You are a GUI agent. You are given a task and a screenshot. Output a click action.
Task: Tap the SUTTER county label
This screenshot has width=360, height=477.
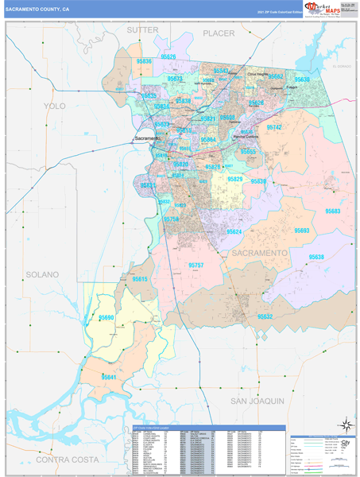pyautogui.click(x=144, y=29)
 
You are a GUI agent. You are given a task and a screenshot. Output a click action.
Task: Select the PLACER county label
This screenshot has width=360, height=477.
pyautogui.click(x=219, y=33)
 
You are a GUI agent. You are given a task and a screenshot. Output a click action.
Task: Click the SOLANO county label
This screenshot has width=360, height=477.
pyautogui.click(x=42, y=274)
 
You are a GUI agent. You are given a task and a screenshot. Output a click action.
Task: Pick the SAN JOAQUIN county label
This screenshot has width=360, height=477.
pyautogui.click(x=257, y=401)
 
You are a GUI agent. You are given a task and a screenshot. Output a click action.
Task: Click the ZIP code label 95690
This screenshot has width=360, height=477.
pyautogui.click(x=106, y=317)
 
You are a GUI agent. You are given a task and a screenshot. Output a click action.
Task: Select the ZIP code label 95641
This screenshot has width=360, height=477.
pyautogui.click(x=109, y=377)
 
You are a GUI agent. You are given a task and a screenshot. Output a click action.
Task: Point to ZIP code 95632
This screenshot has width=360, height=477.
pyautogui.click(x=265, y=316)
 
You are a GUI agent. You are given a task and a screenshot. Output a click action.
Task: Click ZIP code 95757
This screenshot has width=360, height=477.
pyautogui.click(x=196, y=264)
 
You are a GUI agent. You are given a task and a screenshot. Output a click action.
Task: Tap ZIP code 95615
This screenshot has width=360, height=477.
pyautogui.click(x=140, y=279)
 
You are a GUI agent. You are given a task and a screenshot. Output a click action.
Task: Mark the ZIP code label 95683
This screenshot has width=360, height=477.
pyautogui.click(x=332, y=211)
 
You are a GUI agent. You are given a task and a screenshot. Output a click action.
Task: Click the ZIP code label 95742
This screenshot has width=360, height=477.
pyautogui.click(x=275, y=127)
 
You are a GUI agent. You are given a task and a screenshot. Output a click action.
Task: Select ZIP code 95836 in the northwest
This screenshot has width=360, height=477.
pyautogui.click(x=144, y=60)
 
